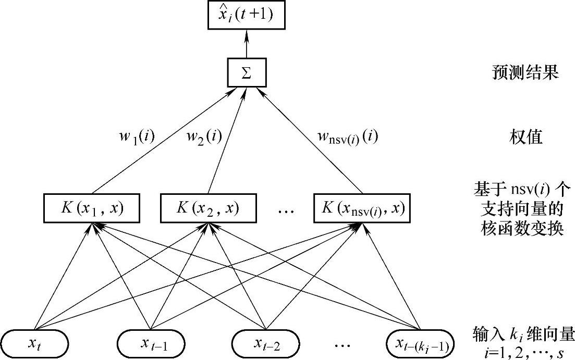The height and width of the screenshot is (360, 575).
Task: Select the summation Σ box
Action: pos(247,73)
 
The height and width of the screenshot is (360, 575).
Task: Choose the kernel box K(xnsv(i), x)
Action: pos(362,207)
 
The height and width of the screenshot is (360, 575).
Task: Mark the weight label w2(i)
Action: pos(204,137)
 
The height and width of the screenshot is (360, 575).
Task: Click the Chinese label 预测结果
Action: pos(525,72)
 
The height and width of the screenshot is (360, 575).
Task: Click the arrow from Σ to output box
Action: pos(246,44)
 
